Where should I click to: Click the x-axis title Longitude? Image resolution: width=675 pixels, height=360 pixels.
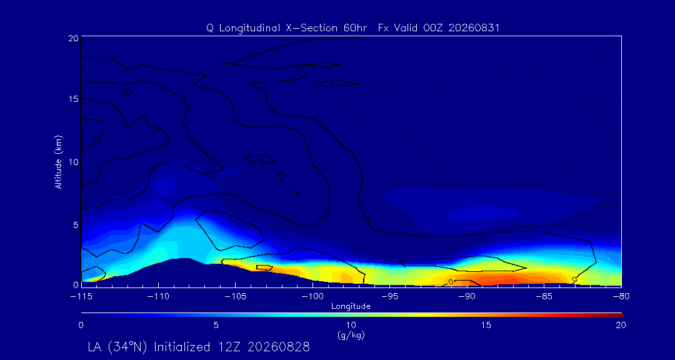351,307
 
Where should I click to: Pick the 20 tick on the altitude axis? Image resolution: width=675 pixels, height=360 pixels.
73,37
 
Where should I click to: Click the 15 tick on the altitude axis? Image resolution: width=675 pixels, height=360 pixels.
73,99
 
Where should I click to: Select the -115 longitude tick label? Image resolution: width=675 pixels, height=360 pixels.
81,296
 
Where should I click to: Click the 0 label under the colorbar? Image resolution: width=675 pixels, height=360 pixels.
81,326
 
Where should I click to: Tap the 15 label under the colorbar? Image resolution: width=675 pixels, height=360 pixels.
486,326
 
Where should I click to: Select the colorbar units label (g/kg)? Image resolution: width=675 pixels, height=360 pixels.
351,334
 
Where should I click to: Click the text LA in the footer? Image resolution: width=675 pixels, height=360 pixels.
96,347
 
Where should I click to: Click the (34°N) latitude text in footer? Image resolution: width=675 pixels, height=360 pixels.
129,347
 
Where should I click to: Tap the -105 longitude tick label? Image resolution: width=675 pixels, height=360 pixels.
236,296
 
